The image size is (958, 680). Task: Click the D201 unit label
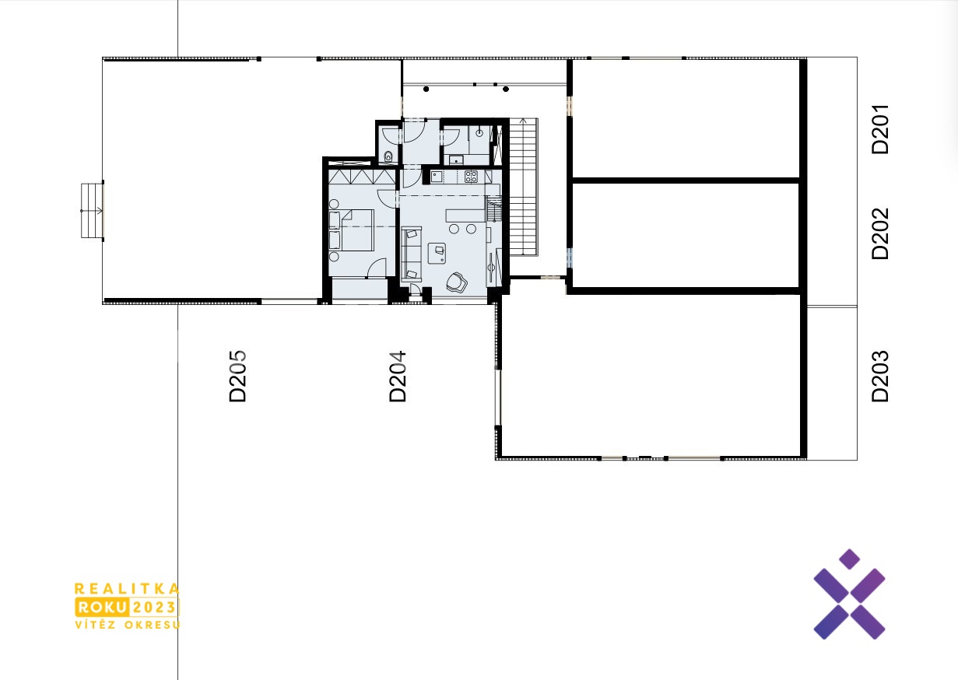tap(880, 129)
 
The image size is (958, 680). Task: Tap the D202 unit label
tap(880, 234)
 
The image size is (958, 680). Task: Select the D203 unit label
tap(880, 377)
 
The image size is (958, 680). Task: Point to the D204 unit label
tap(398, 377)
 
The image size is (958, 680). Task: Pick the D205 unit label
tap(237, 377)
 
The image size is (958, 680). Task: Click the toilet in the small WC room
tap(388, 156)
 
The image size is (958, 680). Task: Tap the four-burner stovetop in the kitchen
tap(471, 176)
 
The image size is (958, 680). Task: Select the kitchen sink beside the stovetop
tap(437, 176)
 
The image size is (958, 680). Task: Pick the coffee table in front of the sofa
tap(437, 253)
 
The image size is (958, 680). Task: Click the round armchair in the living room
tap(456, 282)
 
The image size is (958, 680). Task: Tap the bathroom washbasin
tap(456, 160)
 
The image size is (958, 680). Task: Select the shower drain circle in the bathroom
tap(479, 133)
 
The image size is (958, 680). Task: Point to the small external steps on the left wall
tap(92, 210)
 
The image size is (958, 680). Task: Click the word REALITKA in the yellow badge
tap(127, 589)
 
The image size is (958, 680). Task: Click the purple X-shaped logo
tap(849, 594)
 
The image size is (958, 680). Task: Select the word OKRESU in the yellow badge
tap(153, 625)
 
